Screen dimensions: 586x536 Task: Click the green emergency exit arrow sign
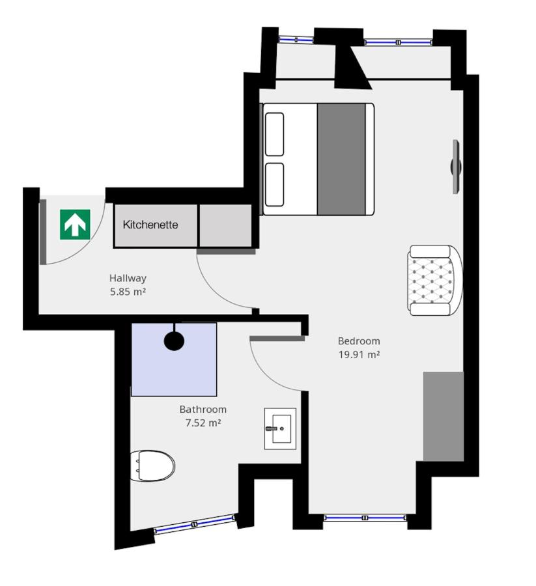(75, 224)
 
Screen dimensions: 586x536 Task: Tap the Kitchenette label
(150, 225)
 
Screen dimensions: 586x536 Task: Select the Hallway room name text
(128, 278)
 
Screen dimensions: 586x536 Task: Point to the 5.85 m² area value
(128, 292)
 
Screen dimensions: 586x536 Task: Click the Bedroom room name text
(359, 341)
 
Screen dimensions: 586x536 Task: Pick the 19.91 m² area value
(359, 355)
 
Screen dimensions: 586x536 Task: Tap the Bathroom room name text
(203, 410)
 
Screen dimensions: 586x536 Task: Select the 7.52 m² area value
(203, 423)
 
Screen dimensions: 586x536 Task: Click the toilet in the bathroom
(153, 466)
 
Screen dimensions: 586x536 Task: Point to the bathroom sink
(280, 428)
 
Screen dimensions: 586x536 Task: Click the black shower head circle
(174, 341)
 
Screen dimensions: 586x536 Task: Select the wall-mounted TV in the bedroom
(456, 167)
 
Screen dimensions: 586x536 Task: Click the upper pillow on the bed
(275, 133)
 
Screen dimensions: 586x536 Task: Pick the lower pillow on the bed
(275, 184)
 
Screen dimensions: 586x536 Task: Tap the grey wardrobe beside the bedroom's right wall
(444, 417)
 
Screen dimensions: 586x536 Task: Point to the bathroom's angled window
(195, 524)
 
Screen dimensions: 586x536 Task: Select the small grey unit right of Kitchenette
(225, 225)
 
